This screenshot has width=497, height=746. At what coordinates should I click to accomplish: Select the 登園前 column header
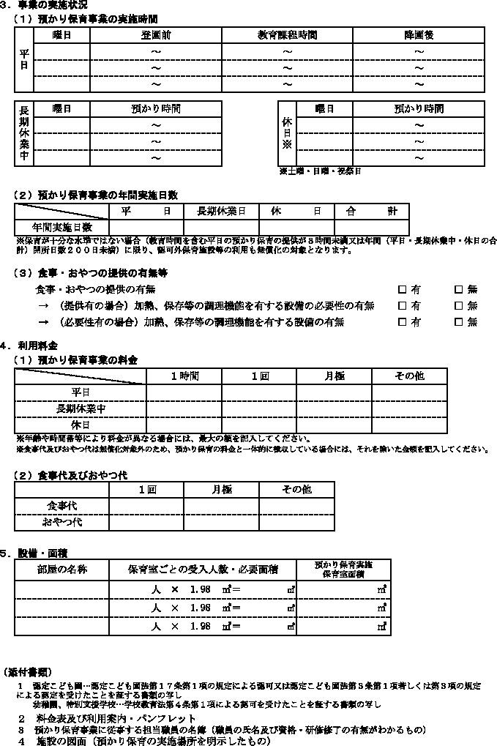[x=155, y=35]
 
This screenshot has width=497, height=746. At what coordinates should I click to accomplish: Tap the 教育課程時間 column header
[x=287, y=35]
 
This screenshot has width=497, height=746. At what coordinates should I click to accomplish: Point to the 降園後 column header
[x=418, y=35]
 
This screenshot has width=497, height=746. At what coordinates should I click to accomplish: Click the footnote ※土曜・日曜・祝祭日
[x=319, y=171]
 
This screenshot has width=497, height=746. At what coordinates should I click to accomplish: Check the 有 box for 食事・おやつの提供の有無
[x=402, y=289]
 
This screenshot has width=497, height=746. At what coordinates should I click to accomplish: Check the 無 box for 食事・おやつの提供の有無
[x=459, y=289]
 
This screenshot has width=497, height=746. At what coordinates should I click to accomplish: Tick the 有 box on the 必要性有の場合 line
[x=402, y=321]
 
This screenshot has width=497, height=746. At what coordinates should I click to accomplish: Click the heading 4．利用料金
[x=29, y=344]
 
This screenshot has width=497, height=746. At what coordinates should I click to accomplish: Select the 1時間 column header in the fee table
[x=184, y=376]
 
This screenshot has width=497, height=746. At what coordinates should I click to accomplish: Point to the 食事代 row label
[x=62, y=506]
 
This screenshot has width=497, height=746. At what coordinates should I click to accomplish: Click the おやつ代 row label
[x=62, y=522]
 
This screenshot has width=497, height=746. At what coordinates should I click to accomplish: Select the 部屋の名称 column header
[x=62, y=569]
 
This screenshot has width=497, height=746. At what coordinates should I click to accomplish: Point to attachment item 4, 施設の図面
[x=139, y=741]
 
